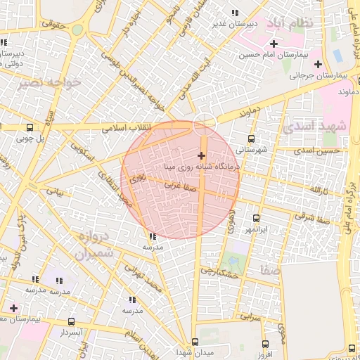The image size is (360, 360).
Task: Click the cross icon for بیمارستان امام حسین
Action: pos(274,44)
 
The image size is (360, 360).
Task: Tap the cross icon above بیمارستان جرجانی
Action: pos(318,64)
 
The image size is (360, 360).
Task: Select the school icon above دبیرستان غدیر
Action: pos(234,13)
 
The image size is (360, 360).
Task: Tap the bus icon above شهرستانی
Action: pos(252,139)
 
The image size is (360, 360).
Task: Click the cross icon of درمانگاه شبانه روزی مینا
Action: pos(202,155)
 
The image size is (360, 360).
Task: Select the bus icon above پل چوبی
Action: pos(29,128)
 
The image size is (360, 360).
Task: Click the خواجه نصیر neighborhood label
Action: pos(51,82)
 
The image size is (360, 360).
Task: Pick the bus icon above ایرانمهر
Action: pos(255,219)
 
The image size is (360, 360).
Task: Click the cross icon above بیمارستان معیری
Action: pos(13,307)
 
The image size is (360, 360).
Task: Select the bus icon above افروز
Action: pos(264,344)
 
